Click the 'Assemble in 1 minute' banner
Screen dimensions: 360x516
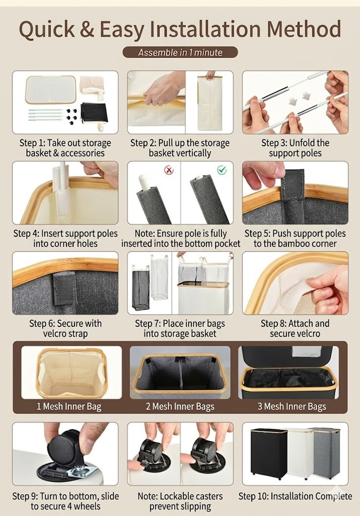[x=180, y=52]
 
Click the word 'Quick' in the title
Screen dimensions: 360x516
[x=47, y=29]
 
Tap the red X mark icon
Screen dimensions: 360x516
[x=169, y=170]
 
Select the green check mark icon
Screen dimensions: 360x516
[x=222, y=170]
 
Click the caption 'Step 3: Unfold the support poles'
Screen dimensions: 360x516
[x=295, y=148]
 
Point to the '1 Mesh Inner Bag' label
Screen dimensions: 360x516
[x=68, y=407]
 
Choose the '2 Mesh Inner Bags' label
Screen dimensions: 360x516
[x=180, y=407]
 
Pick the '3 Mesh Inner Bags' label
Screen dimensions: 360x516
[x=292, y=407]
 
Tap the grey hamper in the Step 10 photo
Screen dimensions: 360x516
[x=327, y=452]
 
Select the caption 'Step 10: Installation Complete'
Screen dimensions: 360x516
[x=295, y=496]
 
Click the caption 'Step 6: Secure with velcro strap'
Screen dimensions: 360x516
[x=65, y=329]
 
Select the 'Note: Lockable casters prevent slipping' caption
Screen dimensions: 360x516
[x=180, y=501]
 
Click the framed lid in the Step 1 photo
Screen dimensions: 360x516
[x=50, y=90]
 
